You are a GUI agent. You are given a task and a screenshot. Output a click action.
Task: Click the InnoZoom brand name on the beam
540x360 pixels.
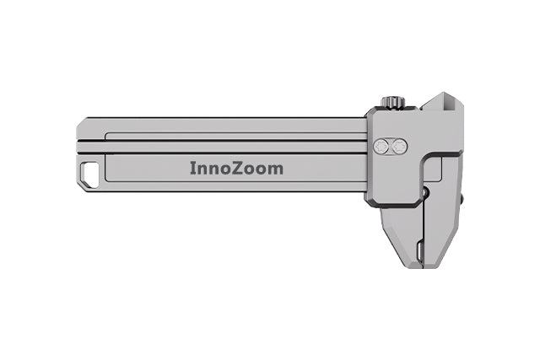(235, 169)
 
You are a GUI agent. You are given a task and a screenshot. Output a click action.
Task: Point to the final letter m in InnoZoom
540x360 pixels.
(276, 169)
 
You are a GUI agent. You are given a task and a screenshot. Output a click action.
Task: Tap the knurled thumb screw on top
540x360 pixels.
(392, 103)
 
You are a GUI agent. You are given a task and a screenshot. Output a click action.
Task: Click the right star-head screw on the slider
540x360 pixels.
(399, 147)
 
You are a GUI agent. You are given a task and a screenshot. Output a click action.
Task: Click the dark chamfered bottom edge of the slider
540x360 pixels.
(397, 203)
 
